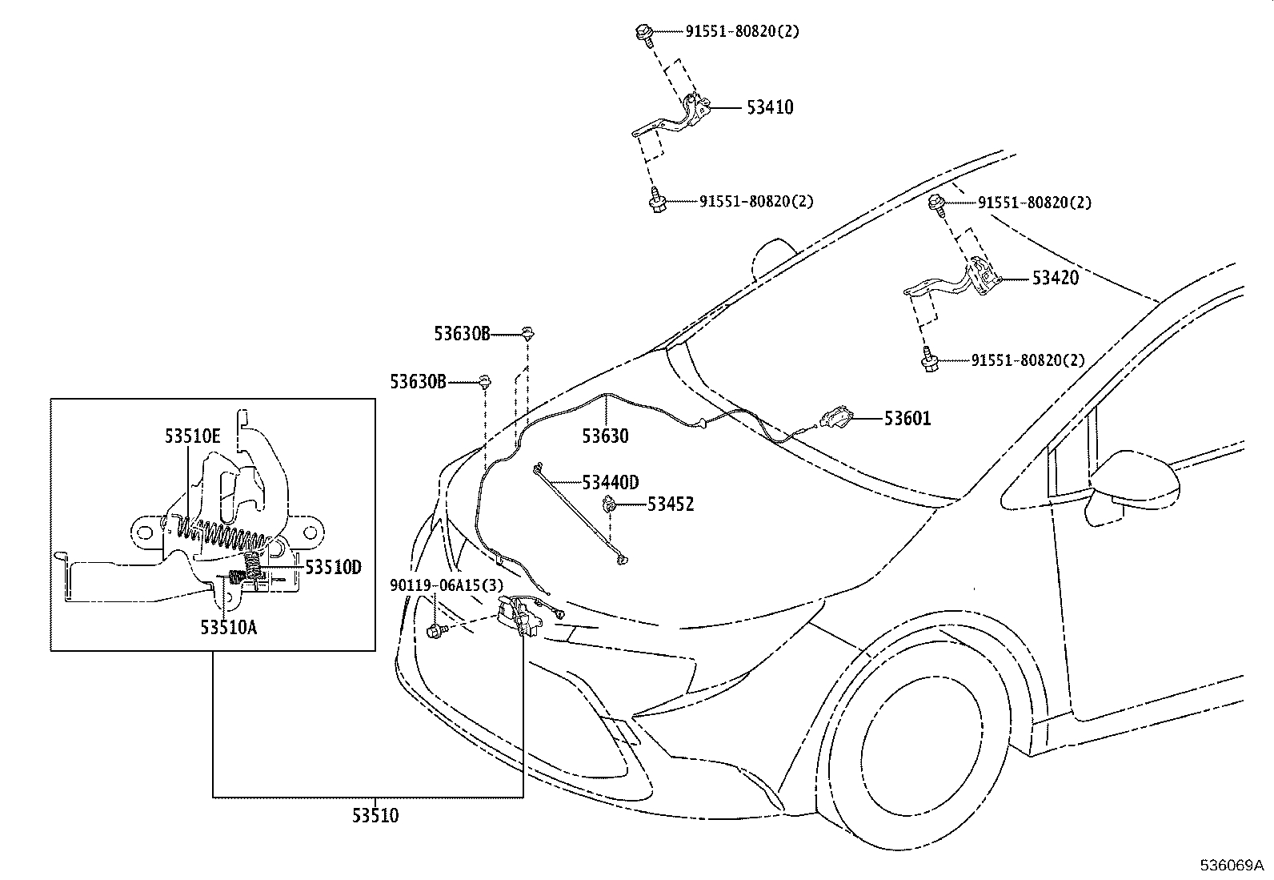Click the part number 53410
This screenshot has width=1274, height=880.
770,107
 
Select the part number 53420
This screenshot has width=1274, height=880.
1055,279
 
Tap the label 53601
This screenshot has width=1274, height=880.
907,418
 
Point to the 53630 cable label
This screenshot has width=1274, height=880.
605,436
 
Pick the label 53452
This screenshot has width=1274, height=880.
671,504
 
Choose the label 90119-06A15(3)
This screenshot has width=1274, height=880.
447,585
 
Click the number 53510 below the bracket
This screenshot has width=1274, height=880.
375,816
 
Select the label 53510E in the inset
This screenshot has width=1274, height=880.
192,436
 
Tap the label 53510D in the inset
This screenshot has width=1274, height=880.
333,568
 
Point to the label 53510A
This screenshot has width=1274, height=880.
229,627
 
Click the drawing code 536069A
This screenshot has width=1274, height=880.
1230,866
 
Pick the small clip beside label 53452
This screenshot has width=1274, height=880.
610,504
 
